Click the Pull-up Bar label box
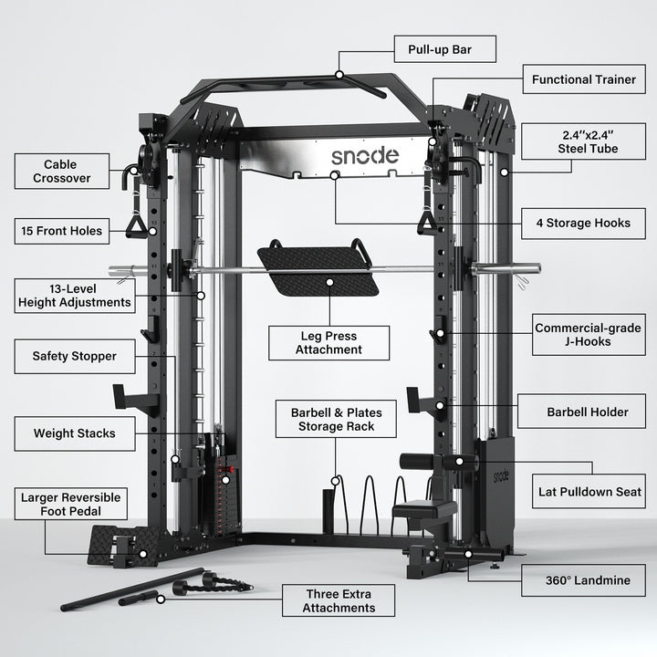(444, 48)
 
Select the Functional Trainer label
(584, 79)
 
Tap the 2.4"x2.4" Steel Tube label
(590, 141)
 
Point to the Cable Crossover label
(62, 172)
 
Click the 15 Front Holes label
(62, 230)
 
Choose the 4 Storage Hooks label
(583, 223)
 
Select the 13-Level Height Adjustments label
(73, 294)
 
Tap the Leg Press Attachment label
(328, 342)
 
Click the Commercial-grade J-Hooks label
(588, 335)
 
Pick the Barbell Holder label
(587, 412)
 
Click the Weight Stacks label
(75, 433)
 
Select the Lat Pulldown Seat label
(589, 492)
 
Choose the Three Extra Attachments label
(339, 600)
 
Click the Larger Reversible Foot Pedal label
(71, 504)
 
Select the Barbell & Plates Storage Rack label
(337, 420)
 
